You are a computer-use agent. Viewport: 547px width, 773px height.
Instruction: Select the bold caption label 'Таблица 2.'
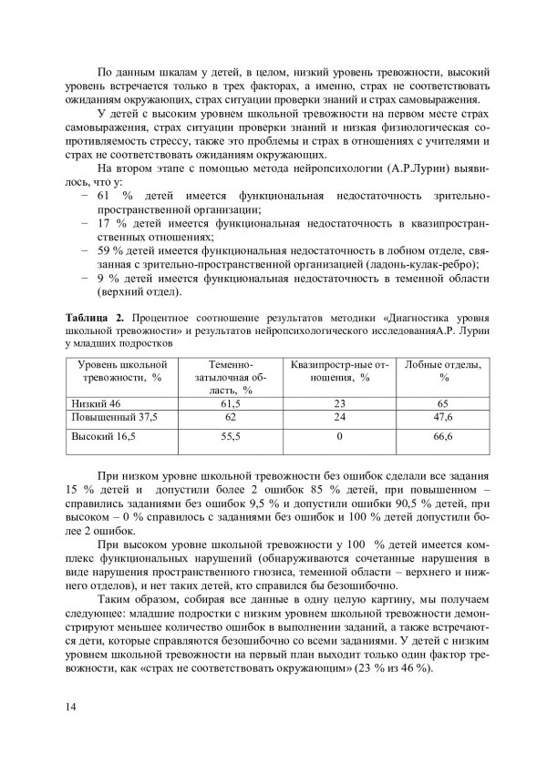pyautogui.click(x=98, y=316)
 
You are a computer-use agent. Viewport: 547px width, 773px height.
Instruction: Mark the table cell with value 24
pyautogui.click(x=338, y=416)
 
